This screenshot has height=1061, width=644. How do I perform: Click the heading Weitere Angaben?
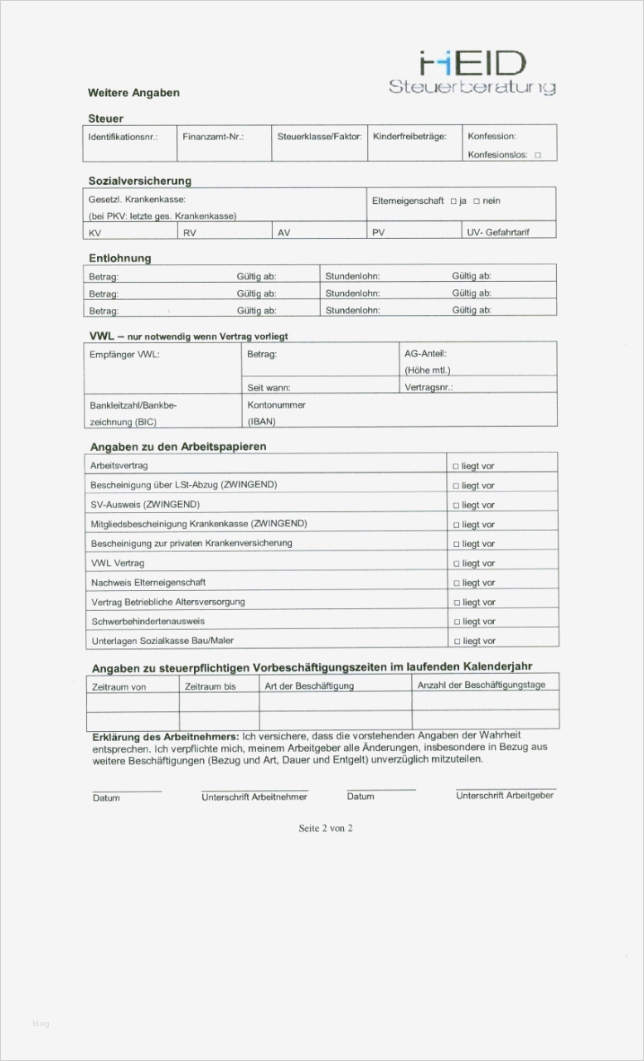(133, 93)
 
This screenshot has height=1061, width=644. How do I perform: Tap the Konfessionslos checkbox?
(538, 155)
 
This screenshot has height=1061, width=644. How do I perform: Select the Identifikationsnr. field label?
(122, 136)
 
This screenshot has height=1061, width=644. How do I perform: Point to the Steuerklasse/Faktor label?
(319, 136)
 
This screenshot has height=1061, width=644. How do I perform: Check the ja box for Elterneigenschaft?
(453, 201)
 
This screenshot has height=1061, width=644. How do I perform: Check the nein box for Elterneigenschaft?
(477, 201)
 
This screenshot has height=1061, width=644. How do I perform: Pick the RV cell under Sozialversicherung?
(190, 233)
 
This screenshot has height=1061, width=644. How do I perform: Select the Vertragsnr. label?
(429, 387)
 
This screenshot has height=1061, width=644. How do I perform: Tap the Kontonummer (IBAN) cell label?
(276, 413)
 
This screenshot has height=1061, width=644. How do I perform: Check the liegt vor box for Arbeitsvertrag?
(456, 467)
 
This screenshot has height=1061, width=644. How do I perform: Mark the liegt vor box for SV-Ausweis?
(456, 506)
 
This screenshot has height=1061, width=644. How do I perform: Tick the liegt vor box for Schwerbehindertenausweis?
(456, 622)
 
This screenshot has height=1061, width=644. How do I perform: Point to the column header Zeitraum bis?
(210, 687)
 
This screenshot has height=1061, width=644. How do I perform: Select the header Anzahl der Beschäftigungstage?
(481, 686)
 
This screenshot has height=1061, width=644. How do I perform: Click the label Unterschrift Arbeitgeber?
(504, 796)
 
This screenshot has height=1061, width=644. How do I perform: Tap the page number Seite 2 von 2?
(326, 828)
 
